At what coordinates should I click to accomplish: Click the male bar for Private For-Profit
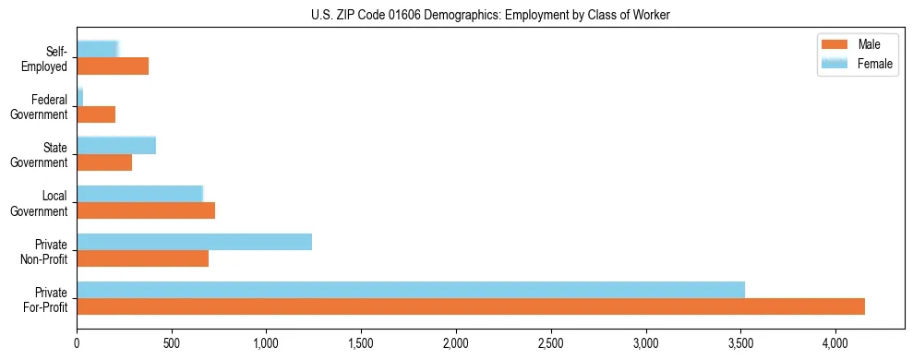pos(471,306)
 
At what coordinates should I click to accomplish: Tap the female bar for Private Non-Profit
pos(195,242)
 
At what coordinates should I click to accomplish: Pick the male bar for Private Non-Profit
pos(143,258)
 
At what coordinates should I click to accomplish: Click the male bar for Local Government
pos(146,210)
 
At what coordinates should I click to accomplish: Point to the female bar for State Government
pos(116,145)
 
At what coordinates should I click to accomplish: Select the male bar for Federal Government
pos(96,114)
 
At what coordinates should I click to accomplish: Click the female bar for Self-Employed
pos(98,49)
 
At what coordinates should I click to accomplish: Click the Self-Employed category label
pos(46,58)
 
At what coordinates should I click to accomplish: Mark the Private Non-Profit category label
pos(43,251)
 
